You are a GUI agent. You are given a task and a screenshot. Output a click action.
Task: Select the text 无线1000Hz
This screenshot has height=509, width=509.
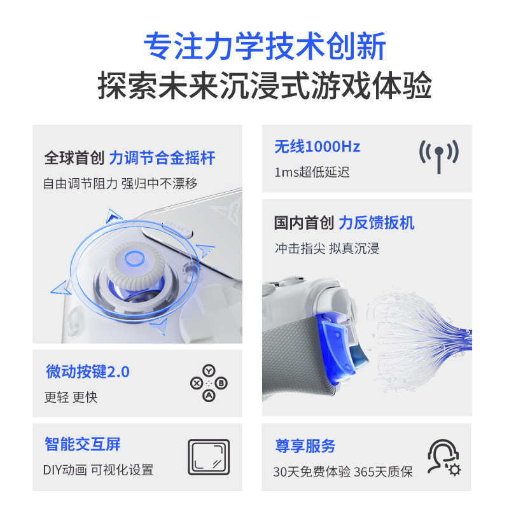(x=317, y=147)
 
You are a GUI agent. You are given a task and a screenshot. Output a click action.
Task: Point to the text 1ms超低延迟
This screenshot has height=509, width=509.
(x=312, y=172)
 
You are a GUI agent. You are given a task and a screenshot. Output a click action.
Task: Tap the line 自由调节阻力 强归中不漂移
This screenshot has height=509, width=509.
(x=120, y=183)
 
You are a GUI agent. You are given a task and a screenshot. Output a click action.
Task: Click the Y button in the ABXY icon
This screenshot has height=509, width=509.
(x=208, y=371)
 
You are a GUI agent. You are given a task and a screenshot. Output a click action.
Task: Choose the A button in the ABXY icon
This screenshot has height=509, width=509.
(x=208, y=396)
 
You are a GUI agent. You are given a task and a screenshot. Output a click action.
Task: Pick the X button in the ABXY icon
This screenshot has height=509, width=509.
(x=196, y=383)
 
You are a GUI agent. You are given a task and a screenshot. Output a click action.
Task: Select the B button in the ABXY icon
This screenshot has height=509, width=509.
(x=221, y=383)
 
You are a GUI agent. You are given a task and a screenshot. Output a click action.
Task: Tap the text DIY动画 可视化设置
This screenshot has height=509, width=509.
(x=99, y=470)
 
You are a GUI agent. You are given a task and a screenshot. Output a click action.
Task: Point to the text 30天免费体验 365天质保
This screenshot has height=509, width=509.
(x=342, y=471)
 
